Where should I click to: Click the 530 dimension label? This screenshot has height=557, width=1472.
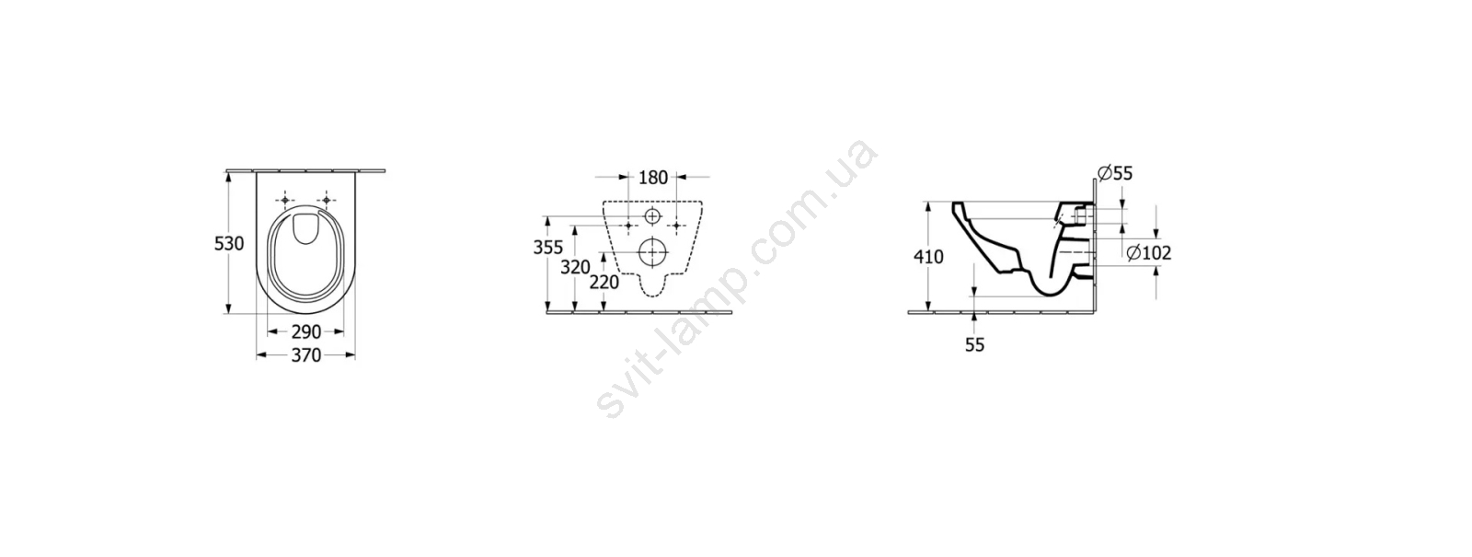point(229,244)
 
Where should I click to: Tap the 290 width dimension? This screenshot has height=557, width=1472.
point(306,332)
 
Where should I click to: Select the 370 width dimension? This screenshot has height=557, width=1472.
point(306,355)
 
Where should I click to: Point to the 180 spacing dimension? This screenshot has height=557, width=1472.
point(653,178)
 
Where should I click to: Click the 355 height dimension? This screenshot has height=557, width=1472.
point(548,248)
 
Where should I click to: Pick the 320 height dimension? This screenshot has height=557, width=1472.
point(576,267)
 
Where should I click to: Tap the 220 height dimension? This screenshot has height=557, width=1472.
point(604,282)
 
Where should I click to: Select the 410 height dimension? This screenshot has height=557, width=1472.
point(928,257)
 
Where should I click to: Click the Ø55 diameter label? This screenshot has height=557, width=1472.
point(1115,174)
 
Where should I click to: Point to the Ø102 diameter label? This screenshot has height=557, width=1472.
point(1149,252)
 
